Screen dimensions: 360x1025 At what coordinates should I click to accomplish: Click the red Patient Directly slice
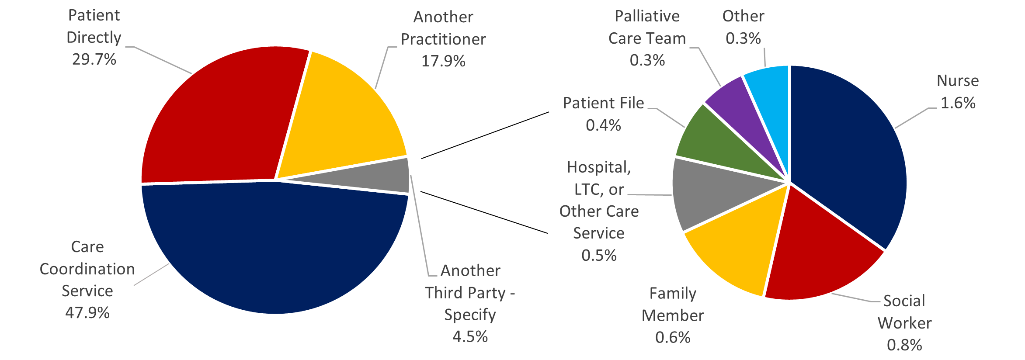219,118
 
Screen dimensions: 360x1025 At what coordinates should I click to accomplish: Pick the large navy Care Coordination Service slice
275,249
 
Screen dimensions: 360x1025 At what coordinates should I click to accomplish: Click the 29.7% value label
94,59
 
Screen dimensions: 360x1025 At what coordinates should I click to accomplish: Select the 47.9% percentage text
87,313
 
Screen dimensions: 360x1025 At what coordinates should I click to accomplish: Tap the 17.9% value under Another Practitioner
443,61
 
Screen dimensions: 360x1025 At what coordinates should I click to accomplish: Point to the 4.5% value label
470,337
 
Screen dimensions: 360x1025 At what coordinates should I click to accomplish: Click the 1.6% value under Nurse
958,103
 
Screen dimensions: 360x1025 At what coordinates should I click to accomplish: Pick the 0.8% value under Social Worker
904,345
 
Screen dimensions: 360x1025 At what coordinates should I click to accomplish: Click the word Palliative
647,16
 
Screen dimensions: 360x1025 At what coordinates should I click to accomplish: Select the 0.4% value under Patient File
603,125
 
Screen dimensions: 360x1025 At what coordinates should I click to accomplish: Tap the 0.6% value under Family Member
673,338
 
